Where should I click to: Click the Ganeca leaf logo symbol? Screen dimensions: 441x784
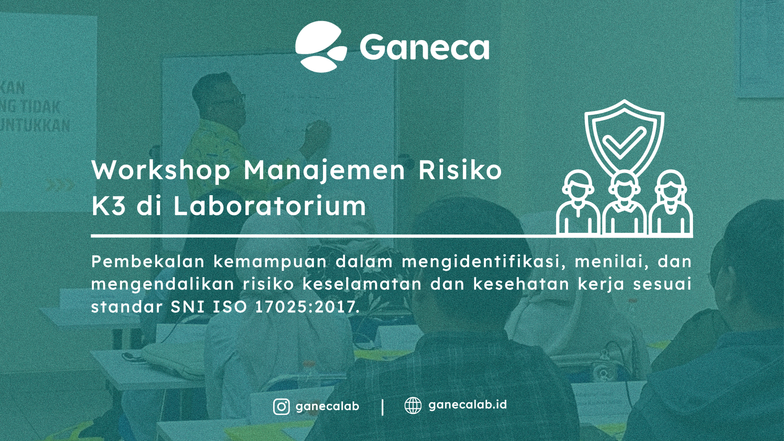point(321,47)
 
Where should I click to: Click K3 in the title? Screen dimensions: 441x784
point(109,205)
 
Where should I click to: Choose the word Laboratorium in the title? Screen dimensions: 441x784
point(269,205)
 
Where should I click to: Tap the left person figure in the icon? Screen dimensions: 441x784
point(578,204)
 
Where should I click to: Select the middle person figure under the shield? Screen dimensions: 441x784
point(624,204)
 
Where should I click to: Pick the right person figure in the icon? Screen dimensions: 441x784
point(670,204)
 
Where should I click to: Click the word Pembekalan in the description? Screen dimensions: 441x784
point(147,261)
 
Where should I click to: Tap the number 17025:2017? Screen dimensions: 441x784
point(307,307)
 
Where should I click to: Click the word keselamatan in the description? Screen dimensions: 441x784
point(362,284)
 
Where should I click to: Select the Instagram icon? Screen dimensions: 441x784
point(281,407)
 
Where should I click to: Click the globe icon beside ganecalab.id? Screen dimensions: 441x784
point(413,405)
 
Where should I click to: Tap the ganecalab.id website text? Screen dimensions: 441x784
point(468,405)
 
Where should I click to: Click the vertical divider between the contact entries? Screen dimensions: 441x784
point(383,407)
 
